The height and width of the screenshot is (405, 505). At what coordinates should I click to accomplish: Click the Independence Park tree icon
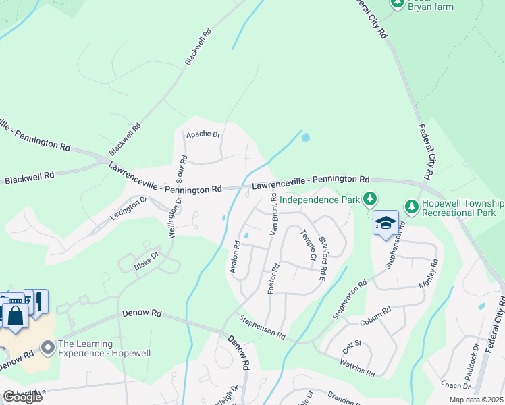click(x=369, y=199)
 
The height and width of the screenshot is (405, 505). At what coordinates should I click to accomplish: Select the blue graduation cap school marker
click(x=386, y=223)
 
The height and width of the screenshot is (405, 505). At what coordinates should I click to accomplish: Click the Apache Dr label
click(x=204, y=135)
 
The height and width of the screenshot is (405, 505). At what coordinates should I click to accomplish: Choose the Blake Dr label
click(x=146, y=261)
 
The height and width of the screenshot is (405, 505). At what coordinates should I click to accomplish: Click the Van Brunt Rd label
click(x=273, y=214)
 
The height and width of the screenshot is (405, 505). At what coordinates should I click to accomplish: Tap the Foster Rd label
click(x=275, y=277)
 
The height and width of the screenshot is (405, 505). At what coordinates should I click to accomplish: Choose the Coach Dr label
click(x=454, y=386)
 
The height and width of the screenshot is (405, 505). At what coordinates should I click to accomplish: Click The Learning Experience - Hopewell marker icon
click(x=47, y=348)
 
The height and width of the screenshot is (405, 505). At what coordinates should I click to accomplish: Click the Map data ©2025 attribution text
click(x=476, y=400)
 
